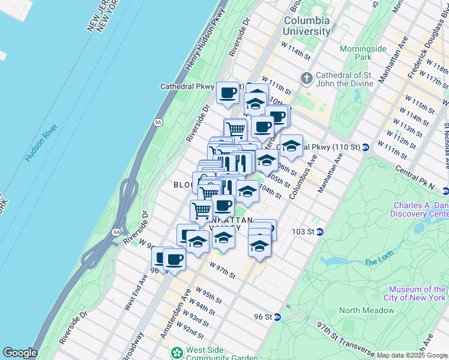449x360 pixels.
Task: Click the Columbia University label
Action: click(306, 25)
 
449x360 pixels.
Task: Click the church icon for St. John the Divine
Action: click(306, 78)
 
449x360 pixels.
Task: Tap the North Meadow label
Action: click(366, 310)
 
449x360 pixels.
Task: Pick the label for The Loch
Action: click(378, 262)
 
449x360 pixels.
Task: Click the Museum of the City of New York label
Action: click(414, 293)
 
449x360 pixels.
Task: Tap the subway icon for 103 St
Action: click(320, 232)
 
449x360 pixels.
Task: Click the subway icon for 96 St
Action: click(277, 317)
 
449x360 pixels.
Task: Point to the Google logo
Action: click(20, 353)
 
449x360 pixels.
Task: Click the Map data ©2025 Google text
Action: click(411, 355)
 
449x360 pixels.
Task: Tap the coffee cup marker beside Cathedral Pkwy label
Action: click(228, 93)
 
